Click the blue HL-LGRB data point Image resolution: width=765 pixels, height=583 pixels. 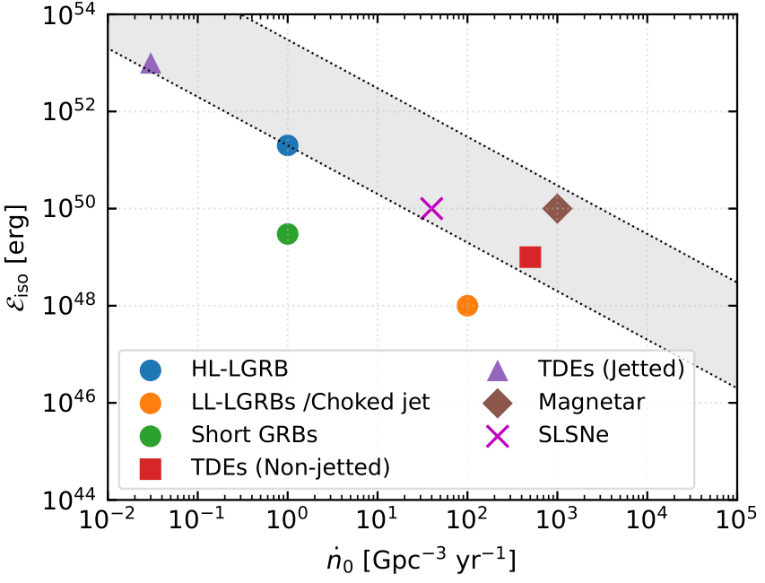pos(287,145)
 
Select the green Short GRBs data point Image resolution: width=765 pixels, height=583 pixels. pos(287,234)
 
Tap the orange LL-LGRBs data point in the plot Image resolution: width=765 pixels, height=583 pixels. pos(467,306)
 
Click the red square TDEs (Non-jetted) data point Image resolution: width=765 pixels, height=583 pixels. pos(530,257)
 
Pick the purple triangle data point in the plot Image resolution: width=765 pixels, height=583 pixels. pos(151,65)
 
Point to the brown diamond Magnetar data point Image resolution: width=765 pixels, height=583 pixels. pos(557,209)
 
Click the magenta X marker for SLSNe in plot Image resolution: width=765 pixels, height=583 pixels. pos(432,209)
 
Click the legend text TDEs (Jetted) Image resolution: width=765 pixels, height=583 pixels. pos(611,370)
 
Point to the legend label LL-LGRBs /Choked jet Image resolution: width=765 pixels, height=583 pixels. pos(310,403)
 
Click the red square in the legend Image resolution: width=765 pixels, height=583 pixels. pos(152,467)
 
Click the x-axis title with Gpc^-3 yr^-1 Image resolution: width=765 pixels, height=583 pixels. pos(422,560)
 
